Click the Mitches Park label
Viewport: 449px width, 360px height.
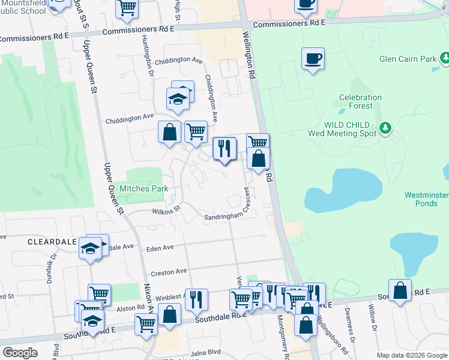coord(143,188)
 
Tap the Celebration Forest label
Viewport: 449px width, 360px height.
coord(360,101)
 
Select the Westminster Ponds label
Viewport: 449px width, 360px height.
coord(426,199)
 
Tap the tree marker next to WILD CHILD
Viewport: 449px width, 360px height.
coord(385,128)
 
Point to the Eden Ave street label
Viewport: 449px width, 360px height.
coord(160,247)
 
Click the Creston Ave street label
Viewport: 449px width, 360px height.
coord(169,272)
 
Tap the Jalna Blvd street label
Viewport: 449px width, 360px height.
coord(206,354)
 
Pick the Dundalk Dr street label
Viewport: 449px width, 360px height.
coord(50,267)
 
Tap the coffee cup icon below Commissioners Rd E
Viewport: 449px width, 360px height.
coord(313,59)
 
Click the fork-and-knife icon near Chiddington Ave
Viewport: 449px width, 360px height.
coord(224,148)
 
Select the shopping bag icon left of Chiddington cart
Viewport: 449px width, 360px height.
coord(170,131)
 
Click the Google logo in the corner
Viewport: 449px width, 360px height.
coord(20,353)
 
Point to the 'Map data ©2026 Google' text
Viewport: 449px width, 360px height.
coord(411,355)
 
